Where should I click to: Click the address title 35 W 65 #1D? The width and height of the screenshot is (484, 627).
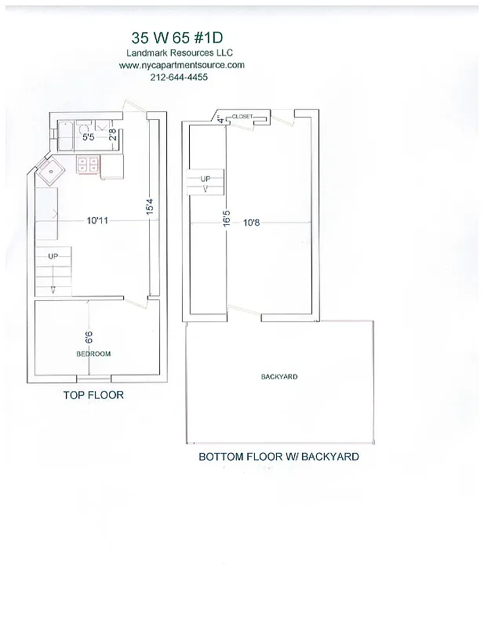tap(182, 38)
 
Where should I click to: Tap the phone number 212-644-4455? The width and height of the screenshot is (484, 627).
tap(181, 78)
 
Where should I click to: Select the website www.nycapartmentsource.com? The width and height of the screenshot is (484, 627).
tap(182, 65)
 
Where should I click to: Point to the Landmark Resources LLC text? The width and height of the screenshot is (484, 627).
tap(181, 53)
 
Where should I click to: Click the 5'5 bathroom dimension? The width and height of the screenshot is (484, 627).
tap(89, 139)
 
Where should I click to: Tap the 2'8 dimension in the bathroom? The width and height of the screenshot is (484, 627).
tap(113, 133)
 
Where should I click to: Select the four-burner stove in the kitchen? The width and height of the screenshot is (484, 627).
tap(87, 164)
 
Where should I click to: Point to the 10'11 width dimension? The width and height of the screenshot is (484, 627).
tap(97, 221)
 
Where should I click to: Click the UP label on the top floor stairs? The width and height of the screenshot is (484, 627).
tap(53, 256)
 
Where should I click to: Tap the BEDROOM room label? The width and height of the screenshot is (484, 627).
tap(93, 353)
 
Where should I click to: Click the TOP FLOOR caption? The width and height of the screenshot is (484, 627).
tap(93, 396)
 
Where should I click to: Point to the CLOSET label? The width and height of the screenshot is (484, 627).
tap(242, 116)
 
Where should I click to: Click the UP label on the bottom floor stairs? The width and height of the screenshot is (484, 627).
tap(205, 178)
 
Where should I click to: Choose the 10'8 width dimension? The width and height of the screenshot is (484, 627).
tap(251, 223)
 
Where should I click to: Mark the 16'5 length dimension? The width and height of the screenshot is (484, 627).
tap(227, 216)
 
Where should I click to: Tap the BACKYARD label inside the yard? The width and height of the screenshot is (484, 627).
tap(279, 377)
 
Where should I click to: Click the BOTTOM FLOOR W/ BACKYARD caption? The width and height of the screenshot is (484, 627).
tap(278, 456)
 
